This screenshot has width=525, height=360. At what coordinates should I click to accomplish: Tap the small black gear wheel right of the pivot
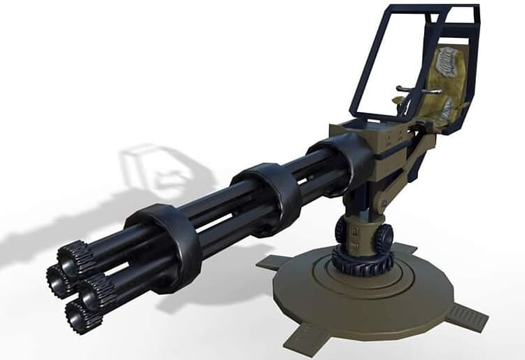pos(383,240)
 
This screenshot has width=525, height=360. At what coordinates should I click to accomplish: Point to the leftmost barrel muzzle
pos(55,279)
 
